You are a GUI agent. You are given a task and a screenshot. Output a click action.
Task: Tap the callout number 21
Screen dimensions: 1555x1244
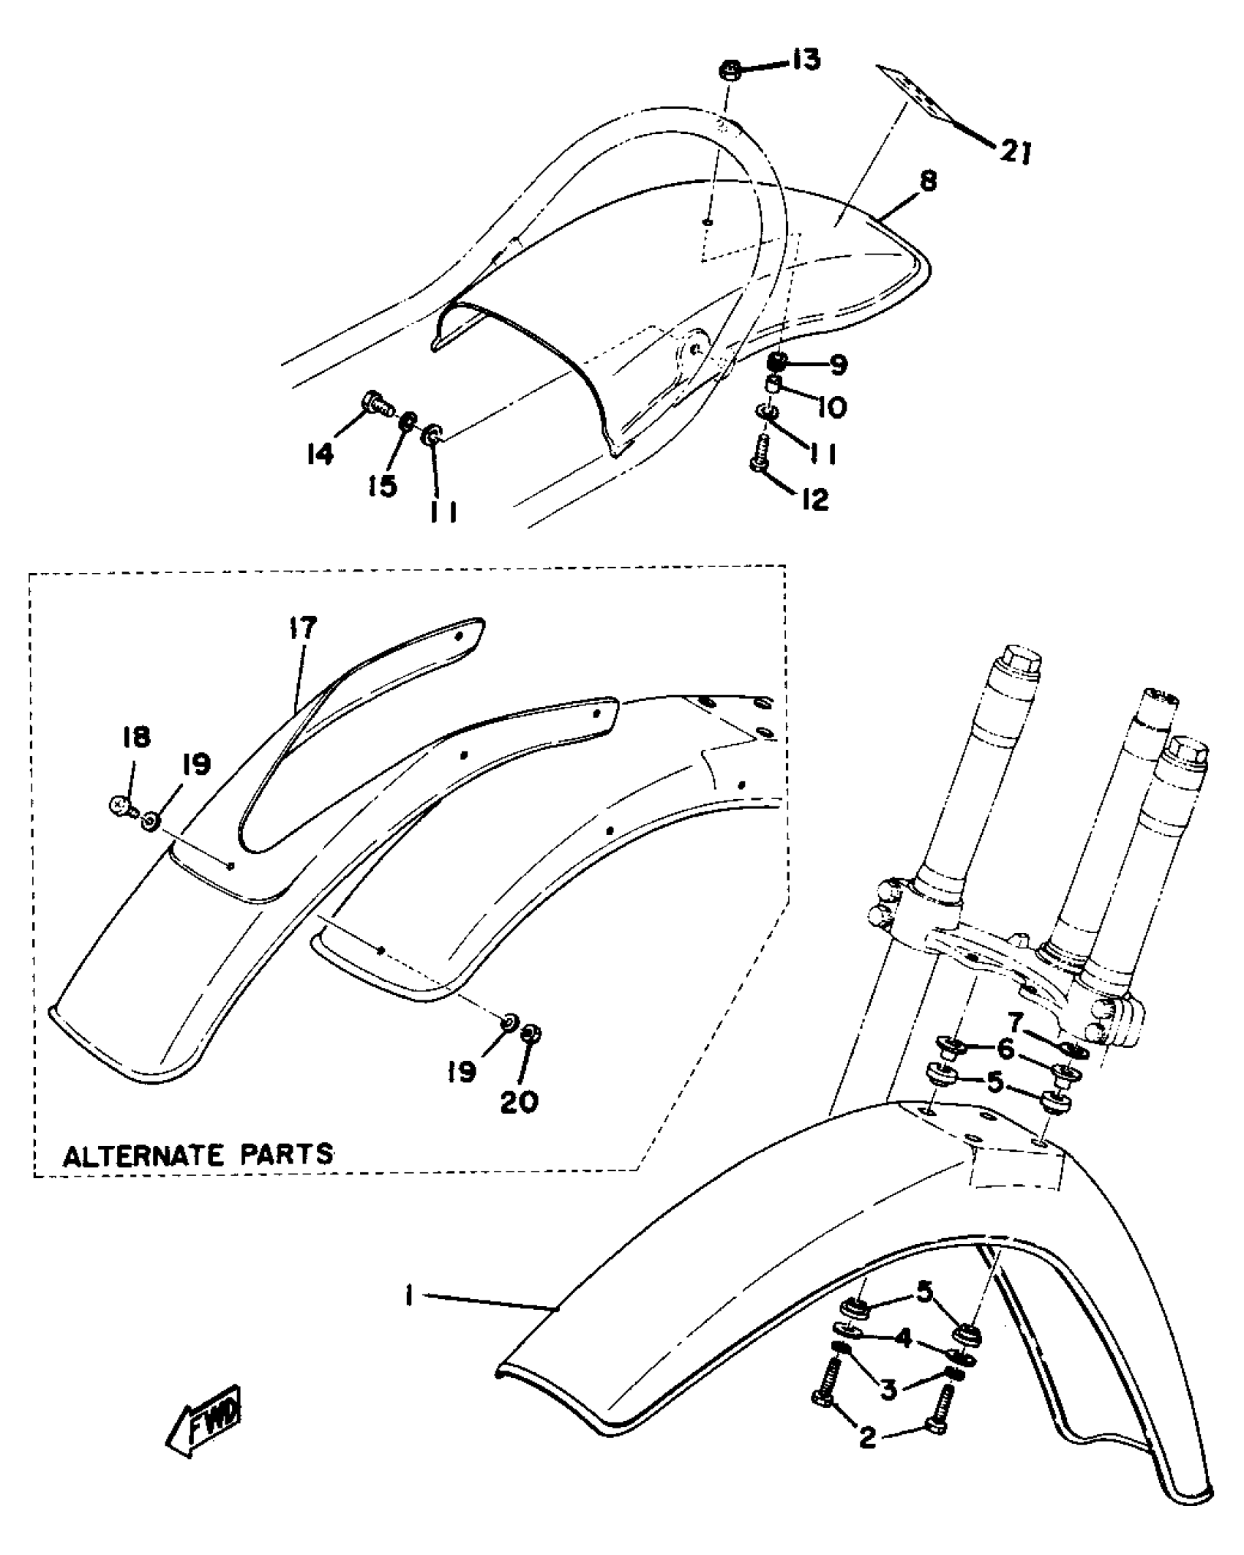point(1016,152)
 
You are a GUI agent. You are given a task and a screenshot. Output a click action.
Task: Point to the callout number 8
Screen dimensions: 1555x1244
point(927,181)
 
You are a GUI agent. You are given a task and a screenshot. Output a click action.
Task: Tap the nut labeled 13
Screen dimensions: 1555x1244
point(729,72)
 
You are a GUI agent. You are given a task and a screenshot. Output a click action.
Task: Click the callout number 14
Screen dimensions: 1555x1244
point(321,454)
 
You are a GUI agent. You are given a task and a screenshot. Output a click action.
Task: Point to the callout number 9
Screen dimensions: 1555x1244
point(837,364)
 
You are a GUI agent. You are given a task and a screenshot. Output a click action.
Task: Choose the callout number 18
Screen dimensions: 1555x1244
point(136,737)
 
